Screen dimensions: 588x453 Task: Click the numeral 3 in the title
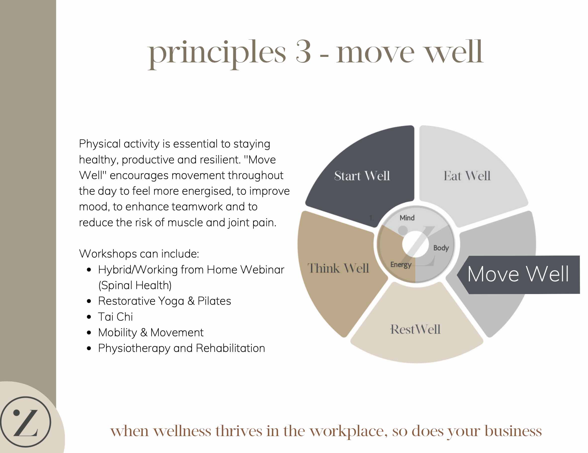303,52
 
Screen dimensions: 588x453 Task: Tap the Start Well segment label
362,176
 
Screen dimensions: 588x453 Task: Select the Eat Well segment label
467,176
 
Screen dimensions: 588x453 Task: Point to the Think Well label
338,268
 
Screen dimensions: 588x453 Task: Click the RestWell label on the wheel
415,329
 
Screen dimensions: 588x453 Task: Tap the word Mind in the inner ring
407,218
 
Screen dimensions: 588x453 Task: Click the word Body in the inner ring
441,248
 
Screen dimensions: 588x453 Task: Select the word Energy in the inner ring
401,265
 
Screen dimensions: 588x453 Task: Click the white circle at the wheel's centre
415,244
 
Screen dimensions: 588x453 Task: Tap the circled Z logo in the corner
26,422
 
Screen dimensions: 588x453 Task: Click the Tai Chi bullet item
115,317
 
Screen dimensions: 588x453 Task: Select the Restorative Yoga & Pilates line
164,301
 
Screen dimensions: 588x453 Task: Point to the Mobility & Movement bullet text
151,333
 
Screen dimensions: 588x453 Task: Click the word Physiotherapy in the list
134,348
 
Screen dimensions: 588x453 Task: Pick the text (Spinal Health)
135,285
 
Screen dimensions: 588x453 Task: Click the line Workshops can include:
139,254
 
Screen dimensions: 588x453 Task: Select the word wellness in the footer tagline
182,431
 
